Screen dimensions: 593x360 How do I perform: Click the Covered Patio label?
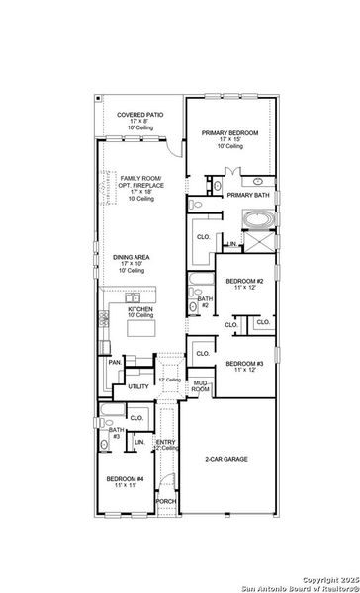click(139, 115)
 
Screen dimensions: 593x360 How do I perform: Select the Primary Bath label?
click(247, 196)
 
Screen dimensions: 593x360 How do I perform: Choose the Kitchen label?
click(140, 309)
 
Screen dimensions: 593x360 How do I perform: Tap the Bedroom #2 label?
click(244, 283)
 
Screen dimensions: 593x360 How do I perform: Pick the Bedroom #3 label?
click(243, 364)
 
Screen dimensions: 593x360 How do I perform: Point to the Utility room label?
click(138, 386)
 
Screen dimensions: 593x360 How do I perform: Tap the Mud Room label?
click(201, 386)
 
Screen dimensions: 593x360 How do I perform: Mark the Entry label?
click(166, 442)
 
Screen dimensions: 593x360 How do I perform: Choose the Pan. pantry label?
click(115, 363)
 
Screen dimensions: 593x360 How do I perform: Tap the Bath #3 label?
click(115, 432)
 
